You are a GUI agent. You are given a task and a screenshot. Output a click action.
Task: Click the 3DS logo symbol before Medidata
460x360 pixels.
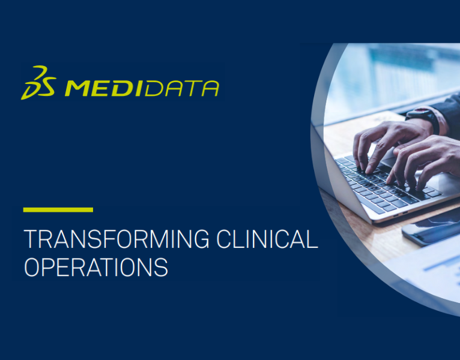click(x=39, y=82)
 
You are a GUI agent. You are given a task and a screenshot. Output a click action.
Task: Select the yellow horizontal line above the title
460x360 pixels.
click(x=58, y=210)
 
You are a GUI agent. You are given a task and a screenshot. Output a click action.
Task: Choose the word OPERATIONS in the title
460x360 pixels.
click(x=95, y=267)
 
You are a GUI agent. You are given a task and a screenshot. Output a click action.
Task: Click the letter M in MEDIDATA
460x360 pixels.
click(x=77, y=88)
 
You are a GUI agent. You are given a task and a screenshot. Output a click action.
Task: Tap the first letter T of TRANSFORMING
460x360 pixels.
click(x=29, y=239)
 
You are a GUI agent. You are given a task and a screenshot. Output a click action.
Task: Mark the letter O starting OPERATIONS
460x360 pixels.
click(x=31, y=267)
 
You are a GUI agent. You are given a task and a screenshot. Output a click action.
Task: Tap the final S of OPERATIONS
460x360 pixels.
click(x=161, y=267)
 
